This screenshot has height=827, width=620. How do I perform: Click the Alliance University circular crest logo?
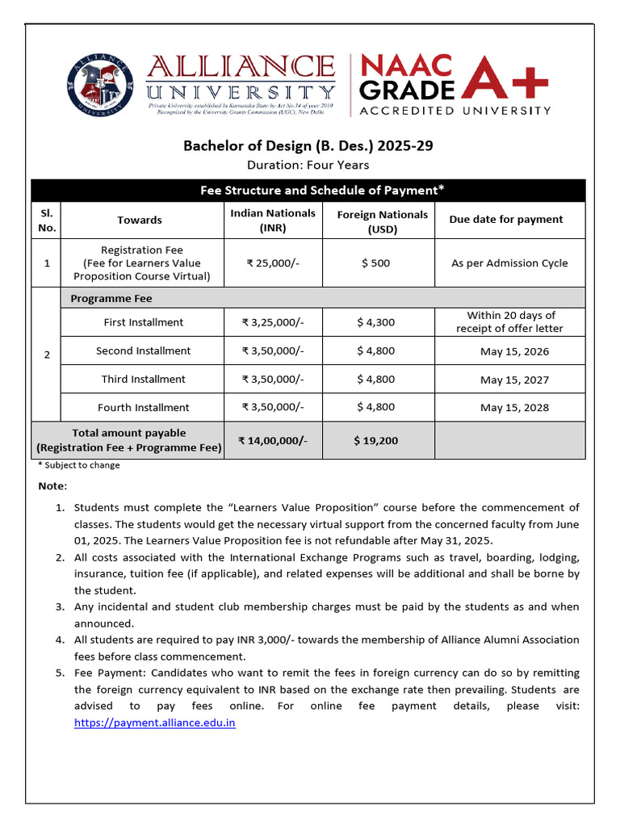(99, 83)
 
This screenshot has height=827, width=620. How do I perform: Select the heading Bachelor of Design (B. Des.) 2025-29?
(312, 146)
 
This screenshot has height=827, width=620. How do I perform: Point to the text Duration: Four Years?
(308, 165)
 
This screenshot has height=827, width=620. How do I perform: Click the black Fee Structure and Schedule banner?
(322, 190)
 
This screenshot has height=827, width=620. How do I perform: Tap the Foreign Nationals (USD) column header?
(382, 220)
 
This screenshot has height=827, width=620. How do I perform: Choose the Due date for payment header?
(505, 219)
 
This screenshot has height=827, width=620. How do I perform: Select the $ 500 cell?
(375, 263)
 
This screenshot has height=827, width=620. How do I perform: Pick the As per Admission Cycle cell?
(509, 263)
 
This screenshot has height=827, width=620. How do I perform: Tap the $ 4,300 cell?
(375, 322)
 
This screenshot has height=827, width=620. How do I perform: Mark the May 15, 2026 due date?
(513, 351)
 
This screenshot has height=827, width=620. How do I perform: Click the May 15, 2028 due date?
(513, 408)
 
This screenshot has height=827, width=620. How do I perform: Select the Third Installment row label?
(143, 380)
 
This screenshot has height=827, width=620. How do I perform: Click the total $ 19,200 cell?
(375, 440)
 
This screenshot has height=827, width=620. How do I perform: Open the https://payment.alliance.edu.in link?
(154, 723)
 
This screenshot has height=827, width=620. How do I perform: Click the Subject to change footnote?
(79, 465)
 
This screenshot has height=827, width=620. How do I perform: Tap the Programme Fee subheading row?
(111, 298)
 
